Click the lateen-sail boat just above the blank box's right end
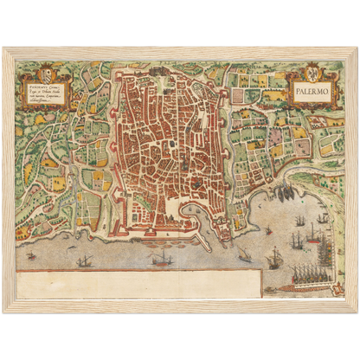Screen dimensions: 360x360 [x=245, y=256]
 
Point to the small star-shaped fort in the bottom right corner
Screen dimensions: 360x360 [x=329, y=290]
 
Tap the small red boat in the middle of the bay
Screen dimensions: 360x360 [x=267, y=229]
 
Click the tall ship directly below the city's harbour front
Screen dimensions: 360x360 [x=161, y=257]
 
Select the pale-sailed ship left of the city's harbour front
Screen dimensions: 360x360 [x=83, y=260]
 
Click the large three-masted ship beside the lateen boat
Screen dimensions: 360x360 [x=275, y=257]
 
